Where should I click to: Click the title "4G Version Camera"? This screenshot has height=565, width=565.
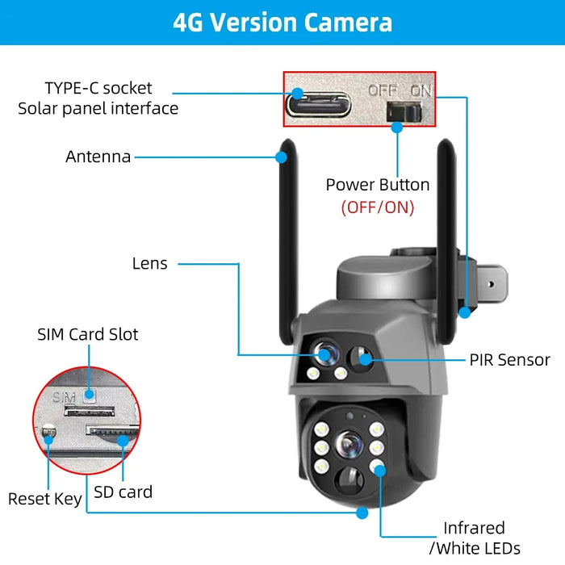[282, 22]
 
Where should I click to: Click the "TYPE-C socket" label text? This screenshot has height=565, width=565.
[98, 87]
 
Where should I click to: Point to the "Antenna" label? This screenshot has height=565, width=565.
[98, 157]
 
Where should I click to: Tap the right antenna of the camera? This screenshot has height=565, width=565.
[453, 226]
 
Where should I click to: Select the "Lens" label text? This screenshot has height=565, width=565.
[150, 263]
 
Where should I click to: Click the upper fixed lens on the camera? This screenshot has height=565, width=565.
[325, 354]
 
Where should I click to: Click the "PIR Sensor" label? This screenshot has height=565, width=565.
[510, 360]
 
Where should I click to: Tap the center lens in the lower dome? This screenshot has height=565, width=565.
[350, 443]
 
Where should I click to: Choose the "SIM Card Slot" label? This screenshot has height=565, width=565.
[88, 333]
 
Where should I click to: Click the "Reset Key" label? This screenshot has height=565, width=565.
[44, 499]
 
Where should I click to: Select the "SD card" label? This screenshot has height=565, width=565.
[123, 491]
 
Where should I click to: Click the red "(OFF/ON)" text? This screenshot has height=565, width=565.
[378, 207]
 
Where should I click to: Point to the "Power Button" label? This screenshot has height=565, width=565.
[378, 184]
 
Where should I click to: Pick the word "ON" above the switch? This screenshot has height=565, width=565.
[421, 90]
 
